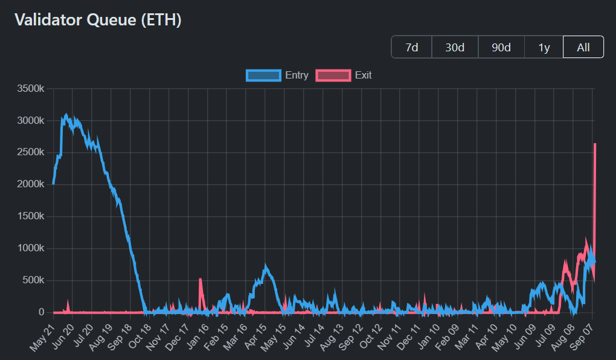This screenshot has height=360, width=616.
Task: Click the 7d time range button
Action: [x=412, y=47]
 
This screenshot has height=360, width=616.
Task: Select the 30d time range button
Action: [x=455, y=47]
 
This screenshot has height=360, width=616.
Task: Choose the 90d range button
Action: [x=501, y=47]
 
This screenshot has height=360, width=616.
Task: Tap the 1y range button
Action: [x=544, y=47]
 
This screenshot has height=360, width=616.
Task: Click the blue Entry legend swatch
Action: [x=263, y=76]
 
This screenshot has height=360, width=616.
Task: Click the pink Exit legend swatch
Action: [x=333, y=76]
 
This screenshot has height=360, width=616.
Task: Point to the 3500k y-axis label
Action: [x=30, y=89]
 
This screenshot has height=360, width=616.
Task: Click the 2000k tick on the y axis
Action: [x=30, y=184]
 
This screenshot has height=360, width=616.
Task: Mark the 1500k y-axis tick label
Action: [x=30, y=216]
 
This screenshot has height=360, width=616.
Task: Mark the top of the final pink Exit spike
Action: [x=595, y=144]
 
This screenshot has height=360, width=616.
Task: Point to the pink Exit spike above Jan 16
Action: [x=200, y=279]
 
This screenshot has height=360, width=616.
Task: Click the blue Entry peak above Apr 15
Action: [x=265, y=266]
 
